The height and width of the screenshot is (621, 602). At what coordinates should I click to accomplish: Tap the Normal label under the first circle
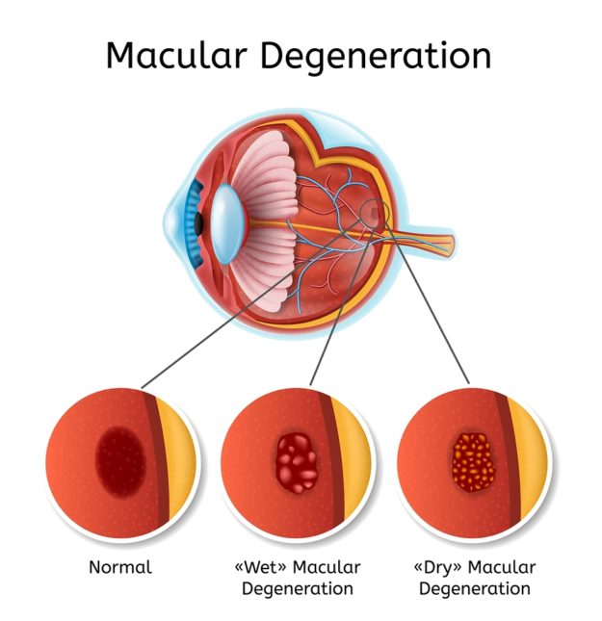pyautogui.click(x=120, y=567)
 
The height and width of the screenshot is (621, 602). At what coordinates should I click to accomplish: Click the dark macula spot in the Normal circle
pyautogui.click(x=120, y=460)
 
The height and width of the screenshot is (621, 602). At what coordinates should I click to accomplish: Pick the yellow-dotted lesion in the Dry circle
pyautogui.click(x=472, y=460)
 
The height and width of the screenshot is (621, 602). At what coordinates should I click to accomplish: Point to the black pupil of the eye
pyautogui.click(x=199, y=220)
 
